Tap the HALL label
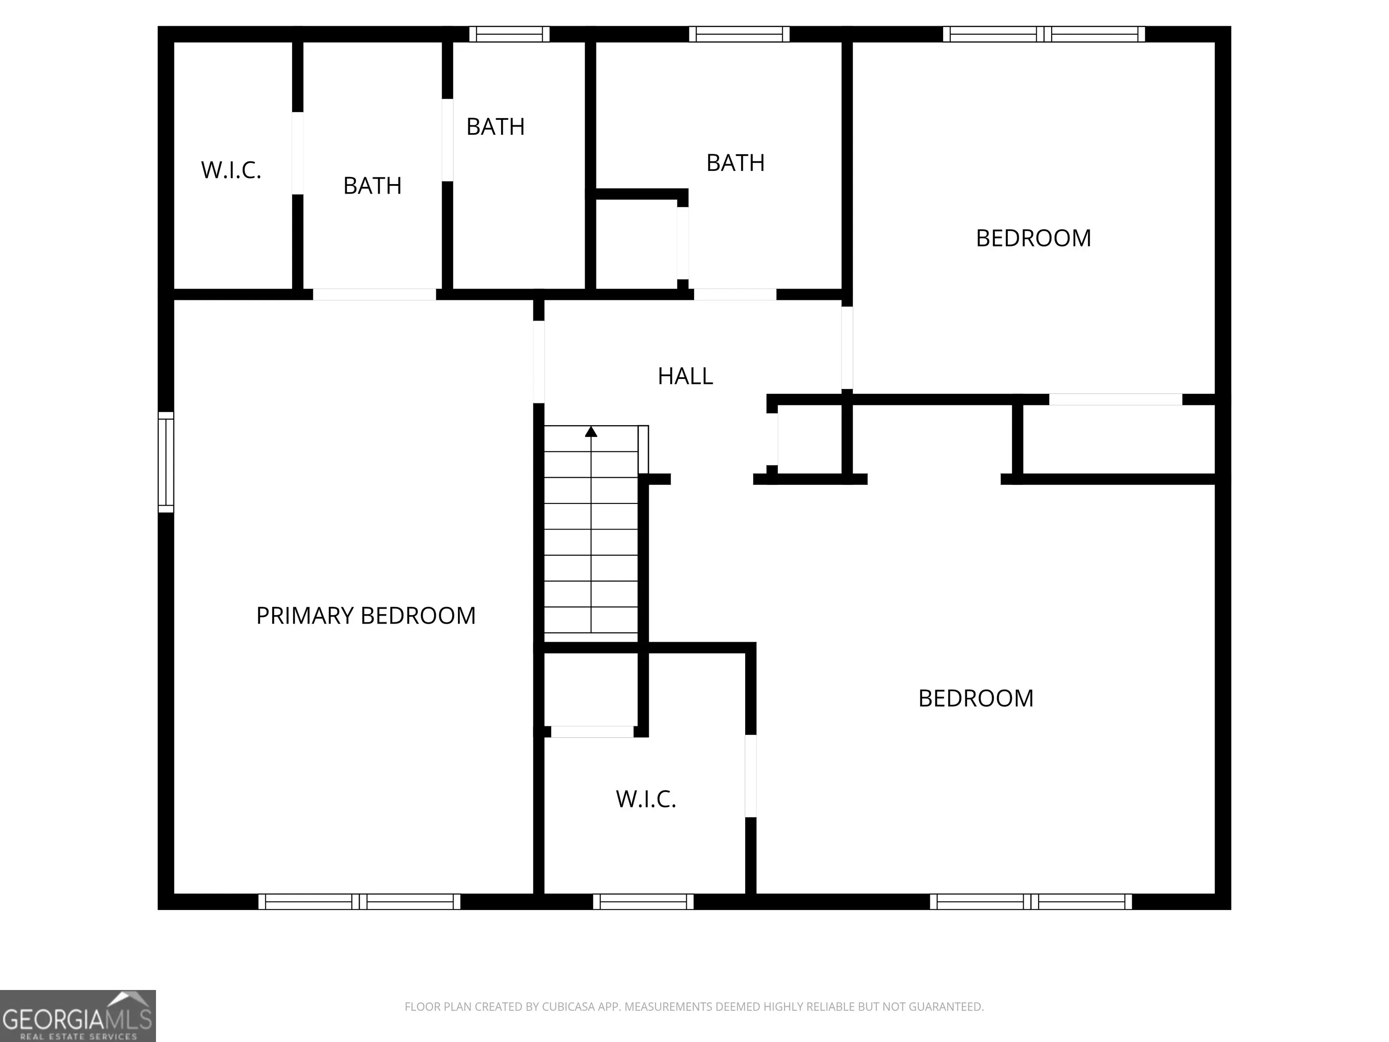685,376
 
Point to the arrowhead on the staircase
591,431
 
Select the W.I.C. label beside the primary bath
231,170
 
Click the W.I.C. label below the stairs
646,799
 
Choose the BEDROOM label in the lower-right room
976,698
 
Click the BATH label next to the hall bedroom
735,163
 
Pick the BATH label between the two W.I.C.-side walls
373,186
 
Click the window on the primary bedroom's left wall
166,462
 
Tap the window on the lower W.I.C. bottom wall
644,901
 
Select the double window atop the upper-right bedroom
1044,34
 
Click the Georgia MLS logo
78,1016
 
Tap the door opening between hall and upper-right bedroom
847,348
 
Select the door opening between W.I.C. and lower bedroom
751,776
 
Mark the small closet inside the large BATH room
636,244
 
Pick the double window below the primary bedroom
359,901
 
